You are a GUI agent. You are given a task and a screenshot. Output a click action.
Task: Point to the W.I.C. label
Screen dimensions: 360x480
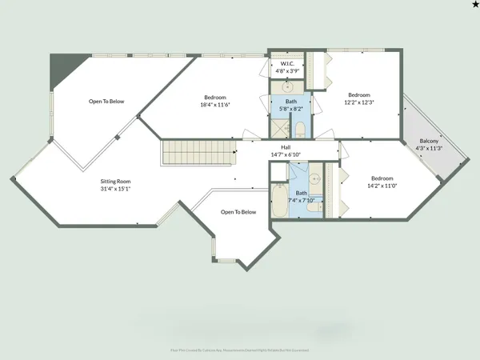pos(286,63)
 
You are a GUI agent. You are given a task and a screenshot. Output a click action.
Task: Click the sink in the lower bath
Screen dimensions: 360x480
pos(315,178)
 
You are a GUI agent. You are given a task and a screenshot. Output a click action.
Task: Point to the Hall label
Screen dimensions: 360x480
pos(286,147)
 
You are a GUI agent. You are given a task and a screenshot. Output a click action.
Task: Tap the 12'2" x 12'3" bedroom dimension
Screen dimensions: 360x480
pos(359,102)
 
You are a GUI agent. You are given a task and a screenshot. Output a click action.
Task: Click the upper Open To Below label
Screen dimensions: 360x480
pos(106,102)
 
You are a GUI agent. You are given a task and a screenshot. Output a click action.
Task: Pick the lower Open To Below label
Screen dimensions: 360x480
pos(238,212)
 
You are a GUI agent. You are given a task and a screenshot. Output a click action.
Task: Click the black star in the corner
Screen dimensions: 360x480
pos(474,6)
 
